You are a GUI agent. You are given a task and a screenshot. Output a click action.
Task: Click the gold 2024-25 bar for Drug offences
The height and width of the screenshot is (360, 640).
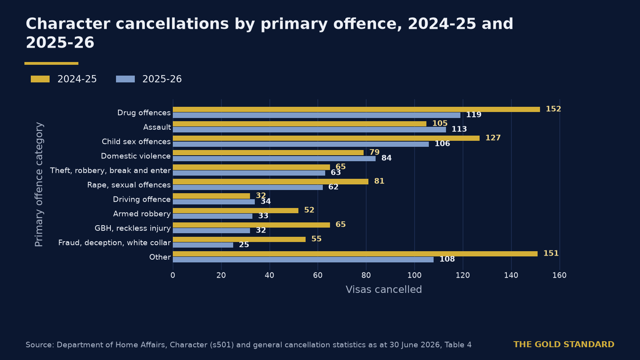coord(356,110)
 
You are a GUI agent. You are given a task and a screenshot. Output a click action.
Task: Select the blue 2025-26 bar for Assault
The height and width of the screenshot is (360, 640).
coord(310,130)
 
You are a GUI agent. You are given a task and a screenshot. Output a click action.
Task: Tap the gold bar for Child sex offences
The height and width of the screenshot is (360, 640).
coord(326,138)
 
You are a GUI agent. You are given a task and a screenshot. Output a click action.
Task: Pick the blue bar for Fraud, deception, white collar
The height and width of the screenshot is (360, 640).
coord(203,245)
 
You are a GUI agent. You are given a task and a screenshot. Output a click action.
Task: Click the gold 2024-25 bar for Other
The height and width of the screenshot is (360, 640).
coord(355,254)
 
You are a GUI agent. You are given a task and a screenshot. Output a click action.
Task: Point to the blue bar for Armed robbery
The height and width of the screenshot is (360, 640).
coord(212,216)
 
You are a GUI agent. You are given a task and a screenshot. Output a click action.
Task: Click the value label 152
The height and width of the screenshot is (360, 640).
coord(554,109)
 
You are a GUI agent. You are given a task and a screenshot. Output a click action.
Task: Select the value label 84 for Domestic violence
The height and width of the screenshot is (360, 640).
coord(386,158)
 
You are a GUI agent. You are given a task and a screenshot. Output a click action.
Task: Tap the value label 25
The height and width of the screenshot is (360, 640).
coord(244,245)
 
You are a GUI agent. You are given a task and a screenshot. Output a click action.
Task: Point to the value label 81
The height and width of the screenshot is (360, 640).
coord(379,181)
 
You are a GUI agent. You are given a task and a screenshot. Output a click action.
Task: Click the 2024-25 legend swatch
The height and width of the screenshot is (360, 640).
coord(40,79)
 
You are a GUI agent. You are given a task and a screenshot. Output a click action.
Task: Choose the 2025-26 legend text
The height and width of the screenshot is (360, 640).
coord(162,79)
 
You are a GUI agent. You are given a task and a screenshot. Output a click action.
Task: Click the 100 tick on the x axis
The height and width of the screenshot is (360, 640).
coord(414,276)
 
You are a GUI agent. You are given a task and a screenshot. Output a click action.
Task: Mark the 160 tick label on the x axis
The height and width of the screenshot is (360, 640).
coord(560,276)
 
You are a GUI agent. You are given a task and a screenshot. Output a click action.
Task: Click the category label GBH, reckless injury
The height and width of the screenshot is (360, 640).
coord(132,228)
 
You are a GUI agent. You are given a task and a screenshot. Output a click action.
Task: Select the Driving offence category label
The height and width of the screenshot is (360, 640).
coord(142,200)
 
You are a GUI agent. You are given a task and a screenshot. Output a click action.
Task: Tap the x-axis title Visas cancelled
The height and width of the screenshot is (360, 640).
coord(384,290)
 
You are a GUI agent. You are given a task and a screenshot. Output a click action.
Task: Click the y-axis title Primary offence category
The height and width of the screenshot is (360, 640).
coord(39,184)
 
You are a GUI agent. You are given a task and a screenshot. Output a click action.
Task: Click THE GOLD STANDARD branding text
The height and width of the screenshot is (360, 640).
coord(564,344)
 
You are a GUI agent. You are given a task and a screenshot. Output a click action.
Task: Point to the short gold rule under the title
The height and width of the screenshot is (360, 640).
coord(52,64)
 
